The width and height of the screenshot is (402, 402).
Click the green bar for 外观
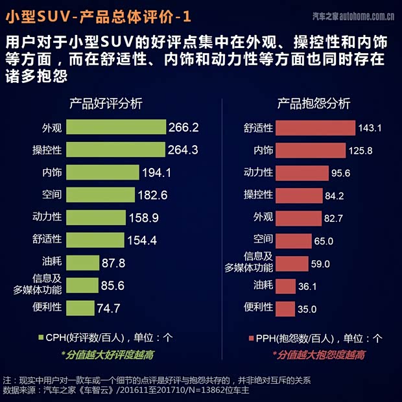[x=116, y=127]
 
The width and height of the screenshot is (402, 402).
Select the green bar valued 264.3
[x=116, y=150]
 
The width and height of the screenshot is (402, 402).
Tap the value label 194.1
[x=156, y=172]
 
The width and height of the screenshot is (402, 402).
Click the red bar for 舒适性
[x=315, y=128]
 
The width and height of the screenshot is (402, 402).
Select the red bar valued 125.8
[x=311, y=150]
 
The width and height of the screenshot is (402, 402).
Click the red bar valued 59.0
[x=292, y=263]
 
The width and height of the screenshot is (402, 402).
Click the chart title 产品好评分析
[x=106, y=104]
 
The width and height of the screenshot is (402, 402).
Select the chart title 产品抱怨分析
[x=314, y=104]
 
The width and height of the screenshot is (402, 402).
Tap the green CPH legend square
[x=40, y=338]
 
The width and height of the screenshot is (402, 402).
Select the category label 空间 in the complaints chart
[x=263, y=240]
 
